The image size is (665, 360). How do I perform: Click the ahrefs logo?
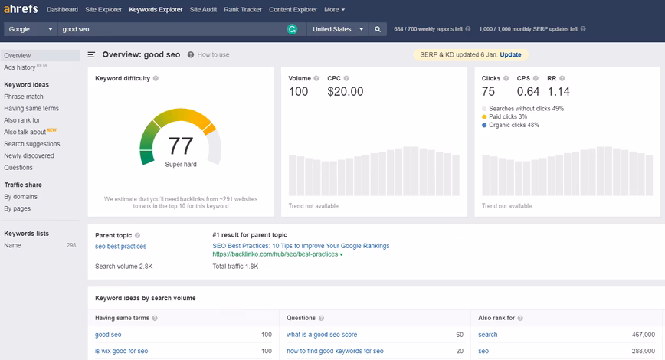pyautogui.click(x=21, y=9)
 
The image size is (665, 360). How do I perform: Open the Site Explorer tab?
pyautogui.click(x=103, y=9)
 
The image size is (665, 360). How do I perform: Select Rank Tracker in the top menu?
pyautogui.click(x=243, y=9)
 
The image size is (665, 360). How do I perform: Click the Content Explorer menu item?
pyautogui.click(x=293, y=9)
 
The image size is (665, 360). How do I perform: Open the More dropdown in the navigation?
pyautogui.click(x=335, y=9)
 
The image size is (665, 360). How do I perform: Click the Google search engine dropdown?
pyautogui.click(x=30, y=29)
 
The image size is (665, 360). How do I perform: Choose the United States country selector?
pyautogui.click(x=338, y=29)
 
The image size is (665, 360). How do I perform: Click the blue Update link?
pyautogui.click(x=510, y=54)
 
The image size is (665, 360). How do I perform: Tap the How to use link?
pyautogui.click(x=213, y=54)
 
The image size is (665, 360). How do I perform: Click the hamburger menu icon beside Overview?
pyautogui.click(x=91, y=54)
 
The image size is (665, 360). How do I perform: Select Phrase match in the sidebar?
pyautogui.click(x=24, y=97)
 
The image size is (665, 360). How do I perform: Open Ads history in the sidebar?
pyautogui.click(x=20, y=67)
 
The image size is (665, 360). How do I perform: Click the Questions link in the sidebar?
pyautogui.click(x=18, y=168)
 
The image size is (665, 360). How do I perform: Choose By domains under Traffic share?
pyautogui.click(x=21, y=197)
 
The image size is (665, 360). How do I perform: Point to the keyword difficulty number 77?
pyautogui.click(x=181, y=146)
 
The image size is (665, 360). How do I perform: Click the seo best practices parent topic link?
pyautogui.click(x=121, y=247)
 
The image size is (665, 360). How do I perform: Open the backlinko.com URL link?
pyautogui.click(x=275, y=254)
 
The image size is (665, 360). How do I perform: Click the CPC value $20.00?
pyautogui.click(x=346, y=92)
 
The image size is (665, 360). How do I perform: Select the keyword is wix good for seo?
pyautogui.click(x=122, y=351)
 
